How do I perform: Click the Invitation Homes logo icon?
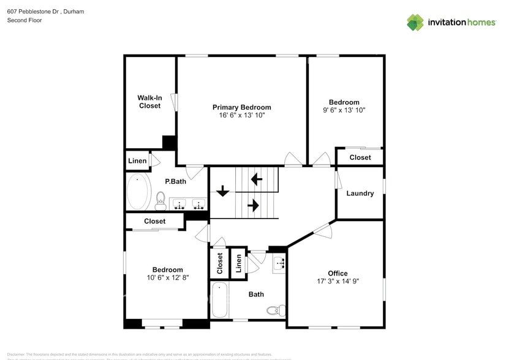pyautogui.click(x=415, y=22)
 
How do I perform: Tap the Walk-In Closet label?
pyautogui.click(x=149, y=102)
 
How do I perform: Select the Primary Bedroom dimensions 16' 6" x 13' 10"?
pyautogui.click(x=241, y=115)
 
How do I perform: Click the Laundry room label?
pyautogui.click(x=360, y=193)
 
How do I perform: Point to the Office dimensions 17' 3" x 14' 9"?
pyautogui.click(x=337, y=282)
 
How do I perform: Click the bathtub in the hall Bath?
pyautogui.click(x=219, y=300)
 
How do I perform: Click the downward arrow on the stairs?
pyautogui.click(x=222, y=191)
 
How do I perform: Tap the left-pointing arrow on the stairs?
pyautogui.click(x=256, y=179)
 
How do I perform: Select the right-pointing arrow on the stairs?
pyautogui.click(x=252, y=206)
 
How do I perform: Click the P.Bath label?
pyautogui.click(x=176, y=182)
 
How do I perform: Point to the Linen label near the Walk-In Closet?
pyautogui.click(x=137, y=161)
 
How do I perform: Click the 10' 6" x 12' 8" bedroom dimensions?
pyautogui.click(x=167, y=277)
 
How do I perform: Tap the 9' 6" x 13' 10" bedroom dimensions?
pyautogui.click(x=344, y=110)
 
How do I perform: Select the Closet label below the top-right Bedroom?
pyautogui.click(x=360, y=157)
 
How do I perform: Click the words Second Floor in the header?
pyautogui.click(x=24, y=20)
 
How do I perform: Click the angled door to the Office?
pyautogui.click(x=323, y=230)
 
